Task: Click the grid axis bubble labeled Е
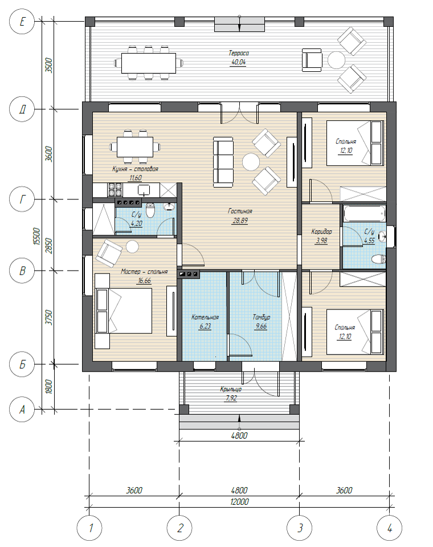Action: (22, 22)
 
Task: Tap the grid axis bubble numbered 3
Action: (299, 528)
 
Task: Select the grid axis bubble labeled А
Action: (22, 409)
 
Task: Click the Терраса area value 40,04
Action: (238, 63)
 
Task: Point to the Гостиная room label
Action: (240, 211)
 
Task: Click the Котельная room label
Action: (205, 317)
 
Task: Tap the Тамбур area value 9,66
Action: (261, 326)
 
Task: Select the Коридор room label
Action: (321, 231)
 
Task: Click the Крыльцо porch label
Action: (231, 389)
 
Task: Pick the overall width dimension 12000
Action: (239, 501)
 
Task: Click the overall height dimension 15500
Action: (37, 236)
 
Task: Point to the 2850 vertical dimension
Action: (49, 246)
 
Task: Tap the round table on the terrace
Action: (336, 60)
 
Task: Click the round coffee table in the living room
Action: (251, 162)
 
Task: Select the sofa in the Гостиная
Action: (223, 162)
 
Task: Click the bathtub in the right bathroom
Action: (365, 213)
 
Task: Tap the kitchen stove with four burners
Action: (115, 190)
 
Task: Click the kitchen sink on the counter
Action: (144, 190)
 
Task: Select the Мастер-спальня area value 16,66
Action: (145, 281)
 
